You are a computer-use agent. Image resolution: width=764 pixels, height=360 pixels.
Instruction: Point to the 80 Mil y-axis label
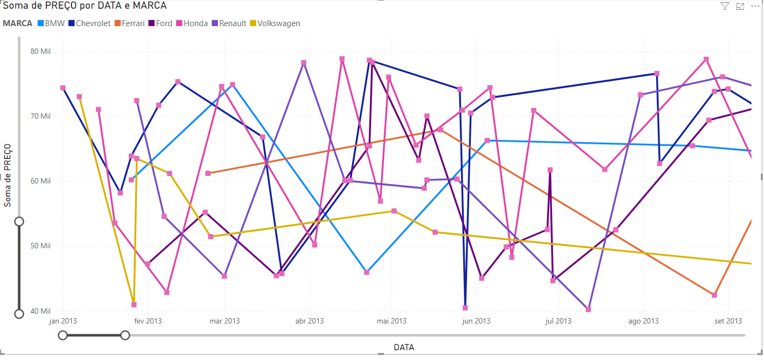pos(40,51)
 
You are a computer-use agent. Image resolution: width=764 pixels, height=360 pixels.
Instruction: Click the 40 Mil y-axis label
pos(40,311)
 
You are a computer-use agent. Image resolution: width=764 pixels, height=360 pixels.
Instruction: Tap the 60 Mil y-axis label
pos(40,181)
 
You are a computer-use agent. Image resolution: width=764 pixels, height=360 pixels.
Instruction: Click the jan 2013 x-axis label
pos(63,321)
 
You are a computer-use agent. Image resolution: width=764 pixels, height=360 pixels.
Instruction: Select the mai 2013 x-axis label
pos(391,321)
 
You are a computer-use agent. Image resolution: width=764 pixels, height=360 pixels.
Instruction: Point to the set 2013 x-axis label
pos(728,321)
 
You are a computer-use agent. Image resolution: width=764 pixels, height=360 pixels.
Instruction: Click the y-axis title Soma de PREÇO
pos(8,175)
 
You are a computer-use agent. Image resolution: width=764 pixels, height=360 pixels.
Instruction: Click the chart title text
pos(85,5)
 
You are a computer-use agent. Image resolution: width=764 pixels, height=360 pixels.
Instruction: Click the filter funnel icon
pos(725,6)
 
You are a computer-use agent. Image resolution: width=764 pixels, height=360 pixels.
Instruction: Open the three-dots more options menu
pos(755,6)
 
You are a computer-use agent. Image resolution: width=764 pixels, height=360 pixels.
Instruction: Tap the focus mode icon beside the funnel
pos(740,6)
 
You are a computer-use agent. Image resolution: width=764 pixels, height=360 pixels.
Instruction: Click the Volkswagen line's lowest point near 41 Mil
pos(134,304)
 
